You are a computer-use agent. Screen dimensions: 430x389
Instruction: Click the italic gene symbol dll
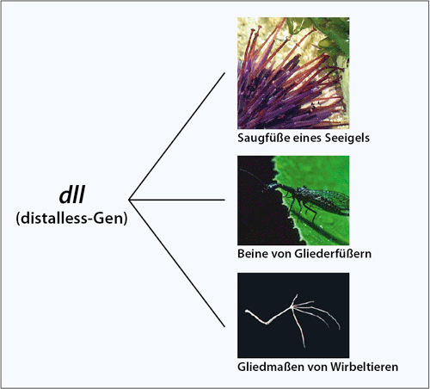click(x=71, y=195)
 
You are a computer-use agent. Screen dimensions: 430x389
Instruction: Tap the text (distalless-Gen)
click(x=71, y=219)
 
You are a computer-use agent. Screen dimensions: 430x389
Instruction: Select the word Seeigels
click(x=347, y=138)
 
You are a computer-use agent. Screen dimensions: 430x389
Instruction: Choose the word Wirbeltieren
click(x=364, y=367)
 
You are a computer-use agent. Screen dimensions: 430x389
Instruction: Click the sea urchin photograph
click(x=293, y=73)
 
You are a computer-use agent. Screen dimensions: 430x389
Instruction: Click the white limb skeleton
click(x=292, y=318)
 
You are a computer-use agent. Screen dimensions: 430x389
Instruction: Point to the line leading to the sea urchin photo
click(x=177, y=136)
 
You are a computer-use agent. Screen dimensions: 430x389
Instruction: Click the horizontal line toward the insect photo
click(x=177, y=200)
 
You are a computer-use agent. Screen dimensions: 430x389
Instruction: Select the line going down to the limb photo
click(x=177, y=263)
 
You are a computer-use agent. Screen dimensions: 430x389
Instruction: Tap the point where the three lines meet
click(x=129, y=200)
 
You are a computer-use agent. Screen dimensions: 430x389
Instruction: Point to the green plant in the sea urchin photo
click(x=329, y=37)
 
